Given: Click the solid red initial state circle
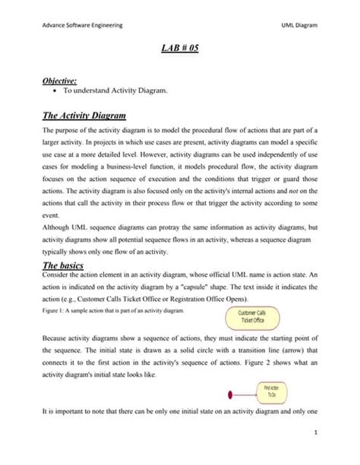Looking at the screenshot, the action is point(230,394).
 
